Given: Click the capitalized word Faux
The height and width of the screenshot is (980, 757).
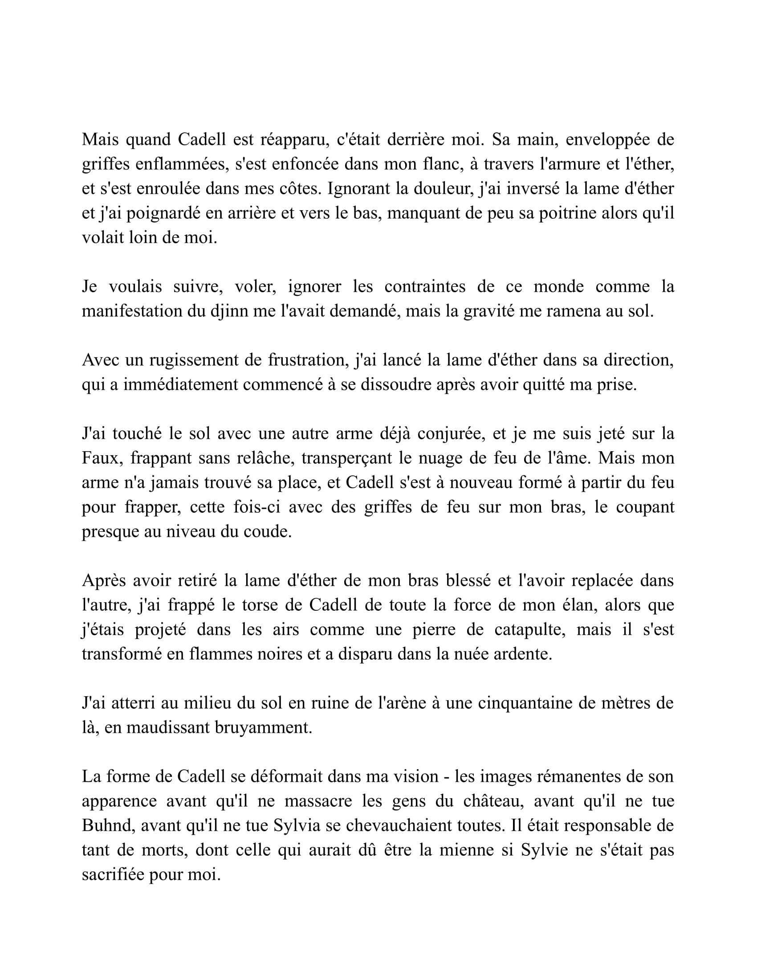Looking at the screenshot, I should pyautogui.click(x=100, y=458).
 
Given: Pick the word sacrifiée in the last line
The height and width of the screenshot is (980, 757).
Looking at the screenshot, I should pyautogui.click(x=113, y=875).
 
